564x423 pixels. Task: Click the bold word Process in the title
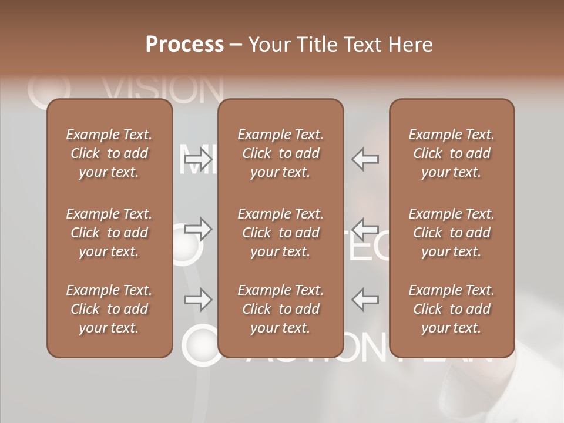(x=184, y=45)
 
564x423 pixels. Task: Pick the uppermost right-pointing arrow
(x=198, y=159)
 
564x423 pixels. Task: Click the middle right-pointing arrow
(x=198, y=229)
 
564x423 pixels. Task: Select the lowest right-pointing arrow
(x=198, y=300)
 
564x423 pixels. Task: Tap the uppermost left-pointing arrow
(x=365, y=159)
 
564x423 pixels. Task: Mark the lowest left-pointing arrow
(x=365, y=299)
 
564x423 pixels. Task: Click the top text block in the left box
(x=109, y=153)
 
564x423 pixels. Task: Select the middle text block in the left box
(x=109, y=233)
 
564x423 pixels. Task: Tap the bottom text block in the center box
(x=280, y=309)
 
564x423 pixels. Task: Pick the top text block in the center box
(x=280, y=153)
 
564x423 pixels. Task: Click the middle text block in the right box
(x=451, y=233)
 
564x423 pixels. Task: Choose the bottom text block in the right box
(x=451, y=309)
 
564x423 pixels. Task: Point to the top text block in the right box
(x=451, y=153)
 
